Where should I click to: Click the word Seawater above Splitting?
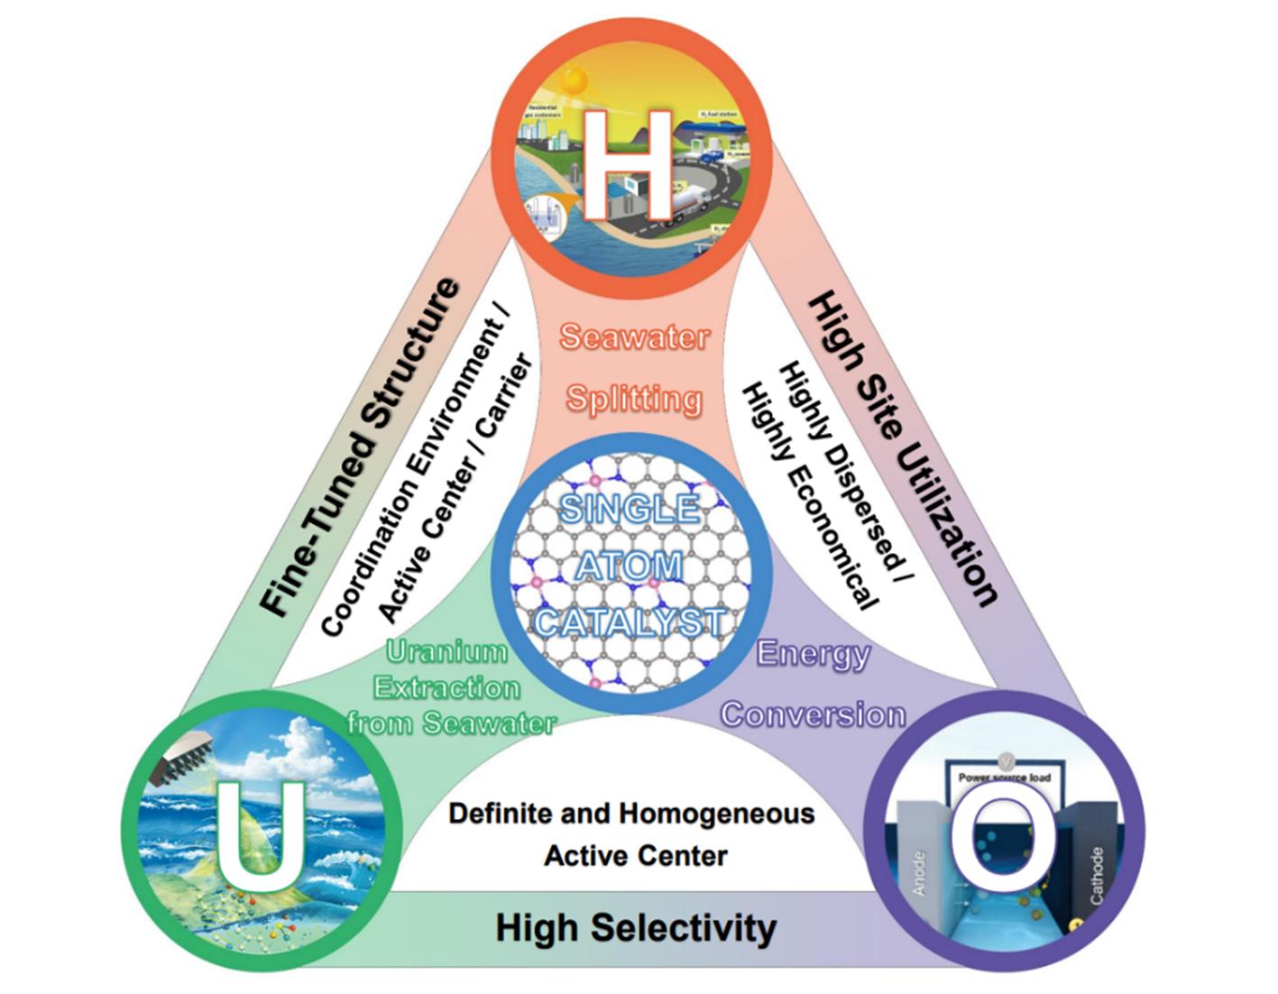click(x=634, y=337)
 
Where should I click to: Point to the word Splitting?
click(x=634, y=398)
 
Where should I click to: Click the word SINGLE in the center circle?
click(x=630, y=509)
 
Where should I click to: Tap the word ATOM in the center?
click(x=630, y=566)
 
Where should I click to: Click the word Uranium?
click(x=446, y=651)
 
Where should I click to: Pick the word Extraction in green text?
click(x=447, y=688)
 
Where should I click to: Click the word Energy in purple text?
click(x=814, y=653)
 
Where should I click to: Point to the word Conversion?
click(x=814, y=714)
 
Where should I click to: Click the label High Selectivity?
click(x=636, y=928)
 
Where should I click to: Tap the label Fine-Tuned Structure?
click(x=361, y=448)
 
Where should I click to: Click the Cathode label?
click(x=1096, y=875)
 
